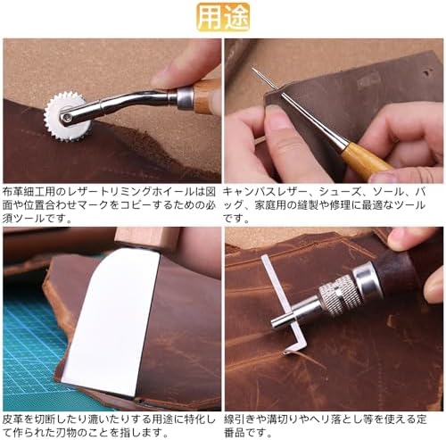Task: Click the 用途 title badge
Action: pos(223,17)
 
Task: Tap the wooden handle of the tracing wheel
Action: pos(206,95)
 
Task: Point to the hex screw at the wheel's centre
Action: pos(66,117)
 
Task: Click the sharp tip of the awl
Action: pos(253,69)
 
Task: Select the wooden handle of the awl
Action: pos(365,162)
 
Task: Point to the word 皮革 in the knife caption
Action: pos(12,419)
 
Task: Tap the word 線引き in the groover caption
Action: pos(238,419)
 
